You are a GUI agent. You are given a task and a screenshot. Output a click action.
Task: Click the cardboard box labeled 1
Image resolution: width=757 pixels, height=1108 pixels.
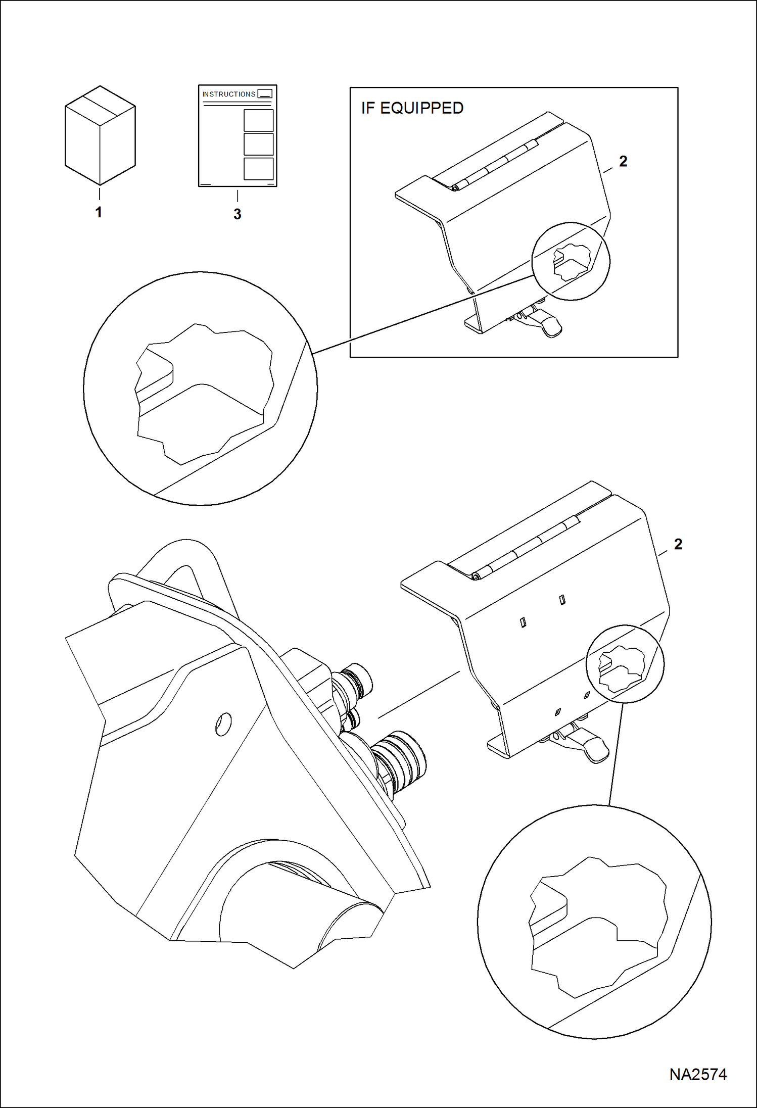click(100, 135)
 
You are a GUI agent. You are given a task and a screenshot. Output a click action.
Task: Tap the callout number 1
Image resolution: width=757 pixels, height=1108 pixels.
click(99, 212)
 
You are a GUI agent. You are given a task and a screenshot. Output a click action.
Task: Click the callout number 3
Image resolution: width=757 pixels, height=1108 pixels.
click(237, 214)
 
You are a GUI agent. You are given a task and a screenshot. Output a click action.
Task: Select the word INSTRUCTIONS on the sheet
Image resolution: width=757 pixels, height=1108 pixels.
click(229, 94)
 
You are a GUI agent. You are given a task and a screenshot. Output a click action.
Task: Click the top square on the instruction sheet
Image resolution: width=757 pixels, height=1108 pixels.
click(258, 120)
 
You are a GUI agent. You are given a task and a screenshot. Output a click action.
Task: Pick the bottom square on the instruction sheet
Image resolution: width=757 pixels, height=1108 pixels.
click(258, 169)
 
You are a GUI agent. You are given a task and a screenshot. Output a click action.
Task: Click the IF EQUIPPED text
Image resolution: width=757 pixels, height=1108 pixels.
click(412, 108)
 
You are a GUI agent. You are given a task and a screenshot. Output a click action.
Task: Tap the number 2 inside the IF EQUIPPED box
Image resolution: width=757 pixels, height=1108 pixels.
click(623, 161)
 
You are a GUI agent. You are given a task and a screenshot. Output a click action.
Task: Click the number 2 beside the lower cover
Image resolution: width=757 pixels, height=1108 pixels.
click(678, 544)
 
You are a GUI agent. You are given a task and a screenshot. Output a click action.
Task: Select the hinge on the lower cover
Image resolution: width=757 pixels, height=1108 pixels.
click(526, 548)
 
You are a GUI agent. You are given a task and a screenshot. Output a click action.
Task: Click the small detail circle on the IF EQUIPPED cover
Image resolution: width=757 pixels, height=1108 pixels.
click(571, 261)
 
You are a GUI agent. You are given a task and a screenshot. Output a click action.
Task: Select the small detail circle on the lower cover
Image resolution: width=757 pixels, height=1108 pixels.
click(625, 663)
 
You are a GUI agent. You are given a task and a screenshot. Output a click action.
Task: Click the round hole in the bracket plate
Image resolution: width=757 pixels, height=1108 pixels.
click(223, 724)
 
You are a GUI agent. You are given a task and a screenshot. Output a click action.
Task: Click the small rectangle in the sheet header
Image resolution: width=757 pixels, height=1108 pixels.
click(265, 93)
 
